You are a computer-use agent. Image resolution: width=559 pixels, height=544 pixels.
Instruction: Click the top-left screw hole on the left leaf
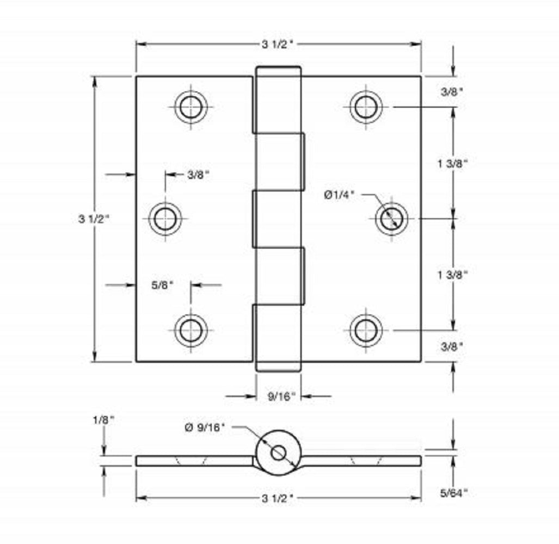tap(191, 106)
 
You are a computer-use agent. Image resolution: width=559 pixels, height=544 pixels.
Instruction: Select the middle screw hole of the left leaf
tap(164, 219)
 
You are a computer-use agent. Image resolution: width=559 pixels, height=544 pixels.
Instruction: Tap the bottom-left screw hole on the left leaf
tap(191, 330)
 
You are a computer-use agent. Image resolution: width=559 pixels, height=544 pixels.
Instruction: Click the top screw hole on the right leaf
tap(366, 106)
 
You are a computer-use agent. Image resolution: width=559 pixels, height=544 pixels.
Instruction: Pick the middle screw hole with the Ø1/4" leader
tap(391, 219)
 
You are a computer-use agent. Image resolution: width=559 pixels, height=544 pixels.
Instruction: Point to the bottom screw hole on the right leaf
tap(366, 330)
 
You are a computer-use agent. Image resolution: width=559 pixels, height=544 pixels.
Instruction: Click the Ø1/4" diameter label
tap(340, 195)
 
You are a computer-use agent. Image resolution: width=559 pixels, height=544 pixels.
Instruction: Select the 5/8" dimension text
tap(162, 284)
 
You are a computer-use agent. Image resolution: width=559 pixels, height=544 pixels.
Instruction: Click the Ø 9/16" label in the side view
tap(205, 428)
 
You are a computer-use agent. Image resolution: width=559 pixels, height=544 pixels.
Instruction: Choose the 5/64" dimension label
tap(453, 493)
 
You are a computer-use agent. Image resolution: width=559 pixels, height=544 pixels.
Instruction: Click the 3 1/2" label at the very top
tap(278, 45)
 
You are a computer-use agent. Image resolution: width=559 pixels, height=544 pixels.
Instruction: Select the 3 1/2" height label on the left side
tap(94, 219)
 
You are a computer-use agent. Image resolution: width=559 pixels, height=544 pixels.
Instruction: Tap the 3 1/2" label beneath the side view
tap(278, 498)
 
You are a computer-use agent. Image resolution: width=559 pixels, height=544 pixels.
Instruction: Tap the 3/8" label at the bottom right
tap(452, 346)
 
